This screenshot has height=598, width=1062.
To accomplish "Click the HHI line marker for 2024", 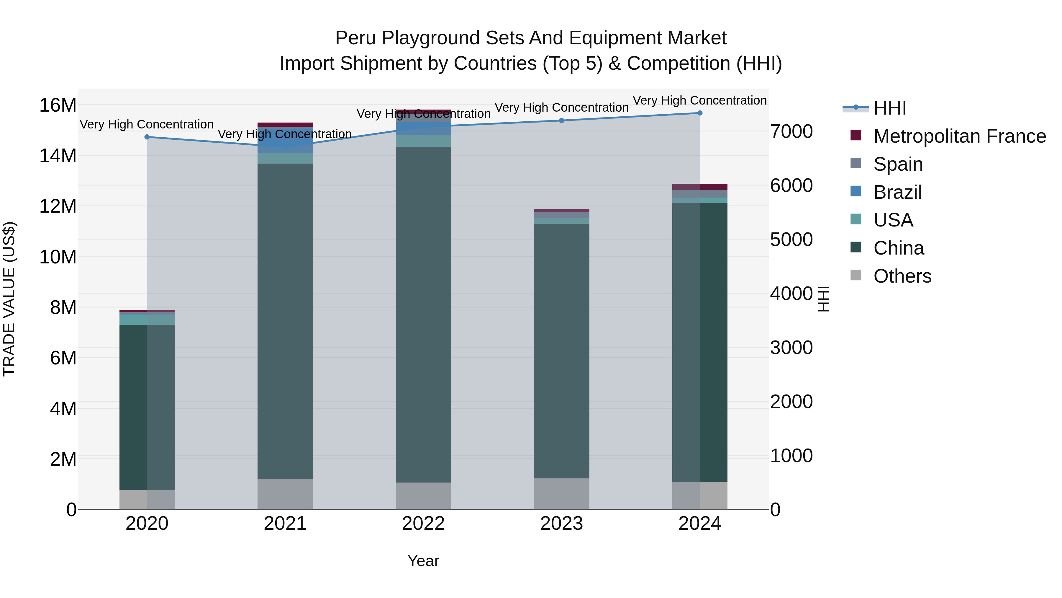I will pyautogui.click(x=700, y=113).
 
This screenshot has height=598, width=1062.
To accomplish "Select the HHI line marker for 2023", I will pyautogui.click(x=561, y=120).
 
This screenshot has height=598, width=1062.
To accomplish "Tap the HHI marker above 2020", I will pyautogui.click(x=147, y=137).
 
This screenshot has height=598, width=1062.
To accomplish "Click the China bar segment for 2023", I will pyautogui.click(x=561, y=351).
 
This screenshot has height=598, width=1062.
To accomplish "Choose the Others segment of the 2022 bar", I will pyautogui.click(x=423, y=495).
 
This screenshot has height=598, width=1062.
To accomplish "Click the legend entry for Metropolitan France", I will pyautogui.click(x=959, y=136).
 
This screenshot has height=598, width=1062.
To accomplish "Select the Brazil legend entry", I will pyautogui.click(x=897, y=192).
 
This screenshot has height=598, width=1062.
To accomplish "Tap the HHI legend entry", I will pyautogui.click(x=890, y=108).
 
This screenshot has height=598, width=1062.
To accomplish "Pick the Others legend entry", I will pyautogui.click(x=902, y=276).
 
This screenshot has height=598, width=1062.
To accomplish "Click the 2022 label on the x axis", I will pyautogui.click(x=423, y=524).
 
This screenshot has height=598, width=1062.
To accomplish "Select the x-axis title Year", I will pyautogui.click(x=423, y=561).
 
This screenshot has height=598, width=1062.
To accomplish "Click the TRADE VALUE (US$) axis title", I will pyautogui.click(x=9, y=299).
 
